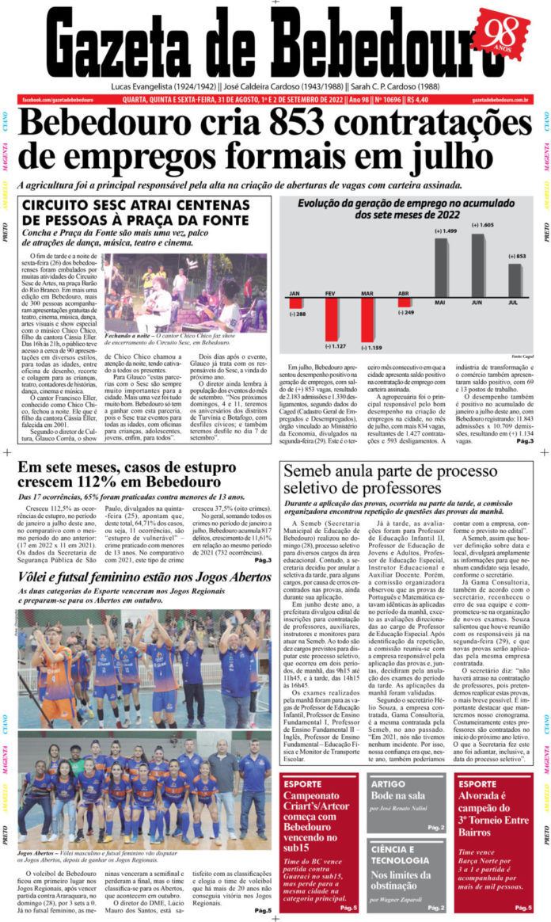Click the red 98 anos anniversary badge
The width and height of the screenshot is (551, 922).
pos(503,37)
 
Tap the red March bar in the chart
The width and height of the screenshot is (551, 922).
pos(367,321)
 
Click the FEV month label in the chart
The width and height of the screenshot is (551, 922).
pos(331,294)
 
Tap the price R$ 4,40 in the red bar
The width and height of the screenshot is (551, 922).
pos(417,100)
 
